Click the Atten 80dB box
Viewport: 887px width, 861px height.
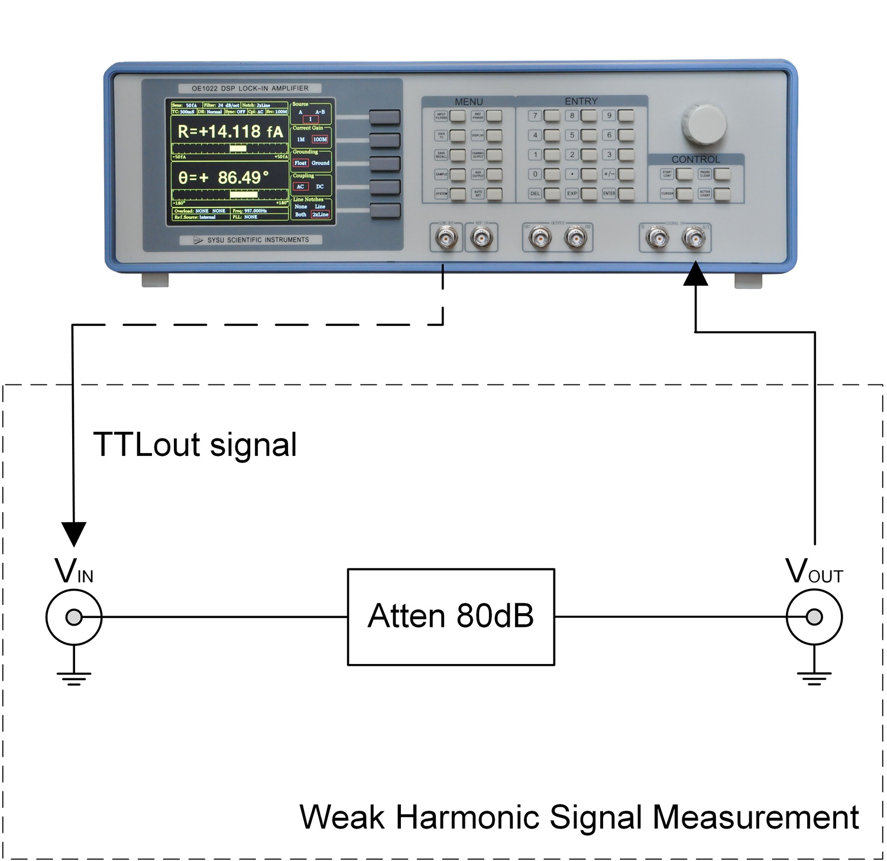[451, 617]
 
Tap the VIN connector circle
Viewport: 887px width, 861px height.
[74, 617]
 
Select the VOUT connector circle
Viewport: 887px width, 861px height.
[814, 617]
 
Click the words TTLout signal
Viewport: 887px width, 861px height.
[195, 445]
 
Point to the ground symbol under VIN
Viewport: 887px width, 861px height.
[74, 676]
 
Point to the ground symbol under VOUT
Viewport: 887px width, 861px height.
[814, 676]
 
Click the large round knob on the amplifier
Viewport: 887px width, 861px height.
[705, 125]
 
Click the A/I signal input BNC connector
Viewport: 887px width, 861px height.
[693, 239]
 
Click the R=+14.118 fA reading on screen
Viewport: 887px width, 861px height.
[231, 132]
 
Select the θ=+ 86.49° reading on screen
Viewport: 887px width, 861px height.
[224, 177]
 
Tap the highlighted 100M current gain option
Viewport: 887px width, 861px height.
[320, 140]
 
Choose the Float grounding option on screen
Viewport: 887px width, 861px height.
[300, 163]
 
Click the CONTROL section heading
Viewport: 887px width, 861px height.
[695, 160]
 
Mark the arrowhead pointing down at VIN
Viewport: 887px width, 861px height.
[74, 534]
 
